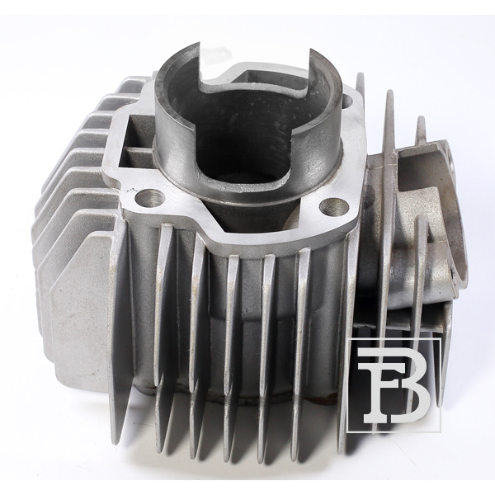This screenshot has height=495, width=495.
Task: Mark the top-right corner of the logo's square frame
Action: coord(440,338)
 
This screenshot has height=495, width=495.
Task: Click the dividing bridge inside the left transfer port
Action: coord(137,148)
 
